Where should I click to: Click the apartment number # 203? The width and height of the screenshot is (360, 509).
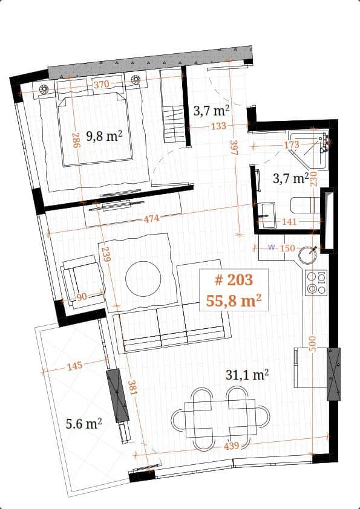(234, 279)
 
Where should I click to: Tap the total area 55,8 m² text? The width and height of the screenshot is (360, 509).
(234, 300)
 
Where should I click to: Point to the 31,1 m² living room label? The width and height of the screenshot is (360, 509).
(247, 375)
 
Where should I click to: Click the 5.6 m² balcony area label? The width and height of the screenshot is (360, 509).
(83, 424)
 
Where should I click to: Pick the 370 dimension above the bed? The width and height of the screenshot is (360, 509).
(102, 85)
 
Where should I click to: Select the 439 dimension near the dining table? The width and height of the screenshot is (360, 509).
(230, 446)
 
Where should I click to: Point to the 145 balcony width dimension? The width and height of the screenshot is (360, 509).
(76, 366)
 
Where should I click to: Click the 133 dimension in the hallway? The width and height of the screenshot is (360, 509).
(218, 126)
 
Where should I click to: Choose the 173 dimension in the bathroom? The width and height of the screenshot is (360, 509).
(292, 146)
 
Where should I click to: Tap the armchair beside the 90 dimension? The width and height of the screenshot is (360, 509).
(80, 279)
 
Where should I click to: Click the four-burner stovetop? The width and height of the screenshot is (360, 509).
(316, 282)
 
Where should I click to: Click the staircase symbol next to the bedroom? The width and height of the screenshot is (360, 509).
(174, 124)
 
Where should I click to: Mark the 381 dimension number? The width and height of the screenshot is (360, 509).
(133, 387)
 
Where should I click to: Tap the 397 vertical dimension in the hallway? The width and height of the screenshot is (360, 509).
(234, 149)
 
